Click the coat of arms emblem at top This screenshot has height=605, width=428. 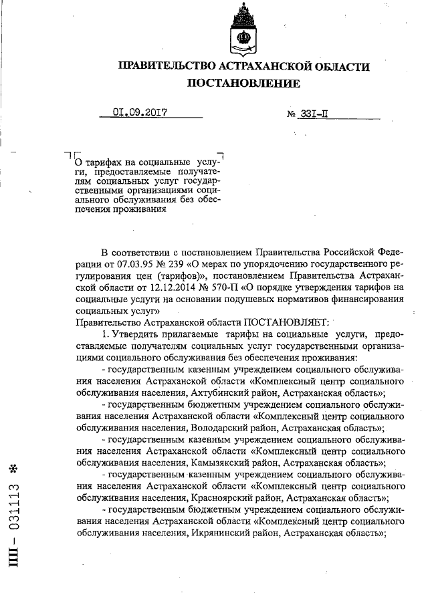(242, 30)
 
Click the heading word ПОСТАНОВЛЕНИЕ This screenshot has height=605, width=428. (243, 84)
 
